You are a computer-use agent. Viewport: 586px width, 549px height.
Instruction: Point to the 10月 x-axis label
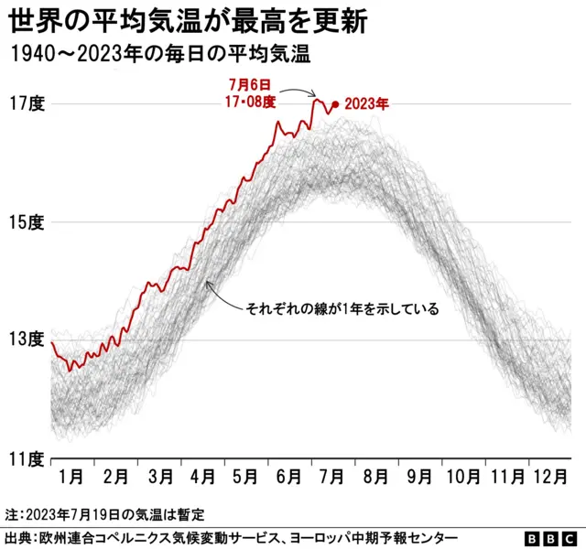click(462, 477)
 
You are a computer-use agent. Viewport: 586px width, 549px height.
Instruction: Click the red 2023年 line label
click(367, 105)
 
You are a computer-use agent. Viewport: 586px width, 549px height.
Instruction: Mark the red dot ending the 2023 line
click(336, 105)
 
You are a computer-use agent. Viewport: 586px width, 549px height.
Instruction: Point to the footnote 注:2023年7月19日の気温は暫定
click(103, 514)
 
